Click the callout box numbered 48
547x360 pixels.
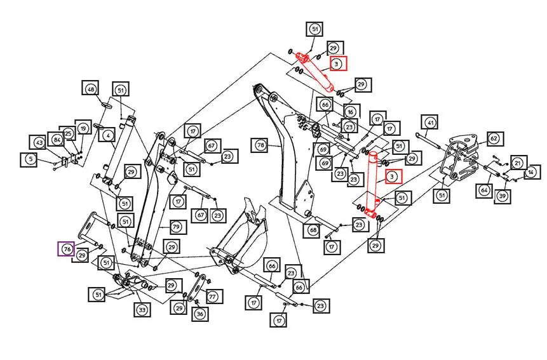click(x=91, y=90)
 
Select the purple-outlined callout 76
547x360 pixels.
click(x=65, y=248)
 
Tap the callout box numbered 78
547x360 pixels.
click(x=260, y=145)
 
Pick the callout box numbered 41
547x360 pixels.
click(x=430, y=123)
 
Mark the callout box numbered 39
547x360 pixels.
click(x=503, y=196)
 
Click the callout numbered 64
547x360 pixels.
click(x=484, y=189)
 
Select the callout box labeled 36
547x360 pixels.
click(x=199, y=314)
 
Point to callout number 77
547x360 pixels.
click(x=212, y=296)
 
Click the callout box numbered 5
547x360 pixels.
click(x=30, y=159)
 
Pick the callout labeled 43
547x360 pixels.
click(x=39, y=143)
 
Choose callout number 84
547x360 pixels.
click(x=57, y=139)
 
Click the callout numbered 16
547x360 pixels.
click(x=350, y=111)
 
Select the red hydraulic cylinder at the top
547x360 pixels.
click(x=316, y=71)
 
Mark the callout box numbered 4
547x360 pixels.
click(x=109, y=135)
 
